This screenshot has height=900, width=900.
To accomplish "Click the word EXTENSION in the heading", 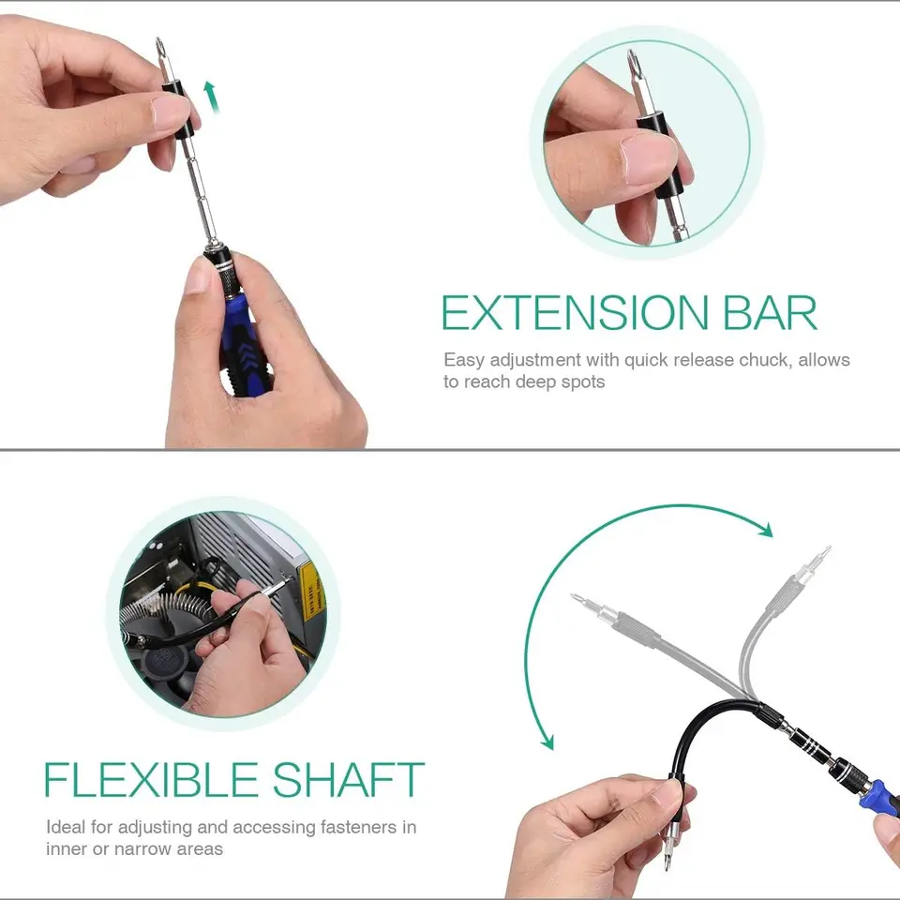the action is [575, 313].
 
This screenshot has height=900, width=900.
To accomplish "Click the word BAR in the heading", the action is [771, 313].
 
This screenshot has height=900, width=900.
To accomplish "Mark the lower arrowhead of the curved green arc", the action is [547, 742].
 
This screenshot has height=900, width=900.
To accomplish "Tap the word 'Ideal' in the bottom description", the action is [66, 827].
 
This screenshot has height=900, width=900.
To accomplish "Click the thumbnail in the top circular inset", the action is [650, 157].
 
